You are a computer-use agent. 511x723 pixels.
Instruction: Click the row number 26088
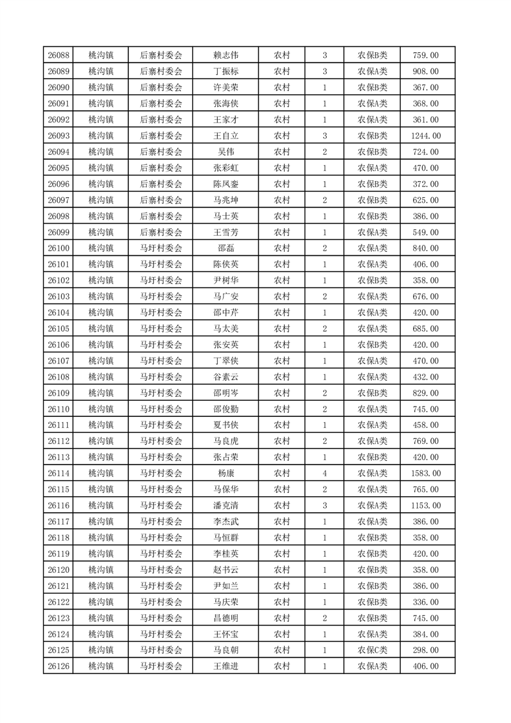[59, 55]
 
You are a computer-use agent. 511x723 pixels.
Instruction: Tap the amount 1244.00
[426, 136]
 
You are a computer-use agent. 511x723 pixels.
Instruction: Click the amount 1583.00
[426, 474]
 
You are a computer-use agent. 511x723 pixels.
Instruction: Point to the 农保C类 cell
[372, 650]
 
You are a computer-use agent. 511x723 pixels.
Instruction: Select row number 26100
[59, 248]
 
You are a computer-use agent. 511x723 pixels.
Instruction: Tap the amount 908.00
[426, 72]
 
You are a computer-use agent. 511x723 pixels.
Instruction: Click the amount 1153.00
[426, 506]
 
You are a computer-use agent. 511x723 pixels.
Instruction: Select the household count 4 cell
[324, 474]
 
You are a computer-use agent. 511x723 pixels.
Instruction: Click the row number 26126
[59, 666]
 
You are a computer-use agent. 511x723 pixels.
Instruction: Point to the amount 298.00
[426, 650]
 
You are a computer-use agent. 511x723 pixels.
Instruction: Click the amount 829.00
[426, 393]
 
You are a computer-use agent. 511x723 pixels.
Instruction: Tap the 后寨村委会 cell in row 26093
[161, 136]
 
